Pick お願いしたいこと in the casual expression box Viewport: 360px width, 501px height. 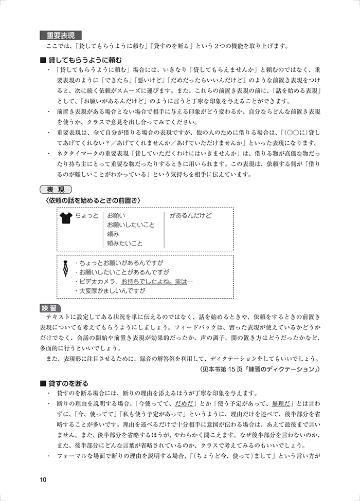click(x=131, y=225)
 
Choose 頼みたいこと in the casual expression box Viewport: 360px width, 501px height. click(x=125, y=243)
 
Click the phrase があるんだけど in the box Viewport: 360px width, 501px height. click(x=191, y=215)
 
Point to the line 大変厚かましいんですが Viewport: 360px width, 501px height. click(x=110, y=290)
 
